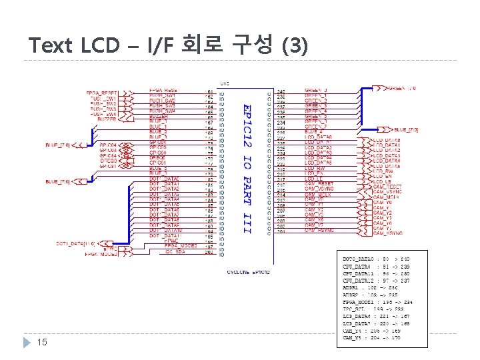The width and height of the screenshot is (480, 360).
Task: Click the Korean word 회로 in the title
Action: (x=198, y=45)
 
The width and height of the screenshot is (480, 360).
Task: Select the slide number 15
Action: (x=41, y=342)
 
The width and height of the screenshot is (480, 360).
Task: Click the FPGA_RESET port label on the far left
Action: (x=101, y=91)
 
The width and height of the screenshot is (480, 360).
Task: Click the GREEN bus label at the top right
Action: (x=402, y=87)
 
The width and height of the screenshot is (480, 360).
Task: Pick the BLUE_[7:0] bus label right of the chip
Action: (x=406, y=129)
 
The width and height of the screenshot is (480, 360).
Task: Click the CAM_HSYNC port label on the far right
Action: (x=387, y=232)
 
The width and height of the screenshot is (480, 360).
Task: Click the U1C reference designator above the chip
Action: (x=225, y=83)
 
